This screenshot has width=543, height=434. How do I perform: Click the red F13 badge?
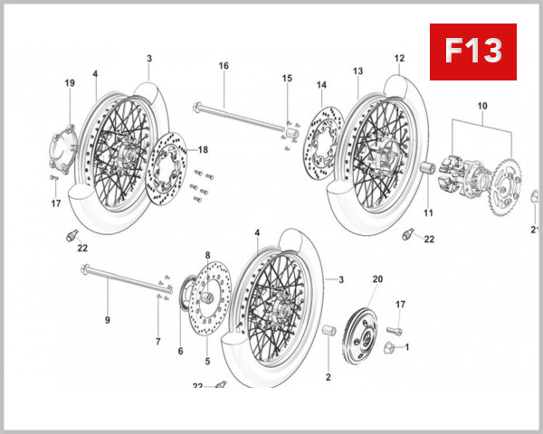(472, 52)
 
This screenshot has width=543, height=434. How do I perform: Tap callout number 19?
(69, 83)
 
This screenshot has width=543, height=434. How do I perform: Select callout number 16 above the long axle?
(224, 66)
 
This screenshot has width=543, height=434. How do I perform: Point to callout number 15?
(287, 79)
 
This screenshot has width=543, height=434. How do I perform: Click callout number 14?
(320, 86)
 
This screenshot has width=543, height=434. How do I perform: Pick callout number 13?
(357, 71)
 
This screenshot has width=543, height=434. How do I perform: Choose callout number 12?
(398, 59)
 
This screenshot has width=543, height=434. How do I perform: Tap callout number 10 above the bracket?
(481, 106)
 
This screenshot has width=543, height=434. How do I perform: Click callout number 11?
(429, 213)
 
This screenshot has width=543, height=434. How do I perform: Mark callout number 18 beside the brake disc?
(203, 150)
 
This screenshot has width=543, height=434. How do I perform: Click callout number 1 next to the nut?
(406, 346)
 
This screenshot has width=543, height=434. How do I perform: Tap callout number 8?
(207, 256)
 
